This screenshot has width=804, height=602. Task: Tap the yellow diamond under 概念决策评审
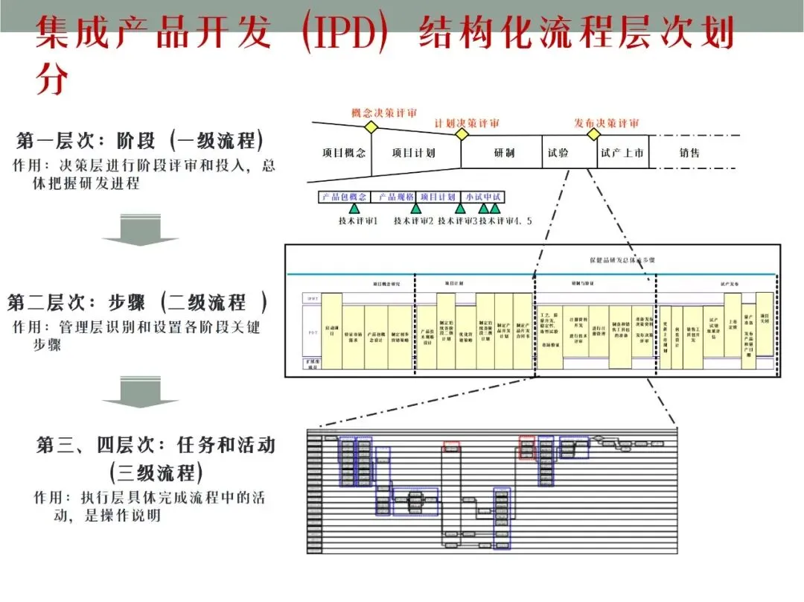pyautogui.click(x=371, y=127)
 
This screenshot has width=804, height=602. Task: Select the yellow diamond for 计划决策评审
pyautogui.click(x=462, y=134)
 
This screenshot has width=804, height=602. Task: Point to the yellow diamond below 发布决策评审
pyautogui.click(x=593, y=134)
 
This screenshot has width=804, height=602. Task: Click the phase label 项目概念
pyautogui.click(x=344, y=153)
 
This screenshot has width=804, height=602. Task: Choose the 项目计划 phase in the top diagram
pyautogui.click(x=413, y=153)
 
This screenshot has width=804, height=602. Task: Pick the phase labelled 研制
pyautogui.click(x=504, y=153)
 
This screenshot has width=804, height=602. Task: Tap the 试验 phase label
pyautogui.click(x=558, y=153)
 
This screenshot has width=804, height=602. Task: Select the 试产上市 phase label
pyautogui.click(x=622, y=153)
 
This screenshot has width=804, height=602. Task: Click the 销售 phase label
pyautogui.click(x=689, y=153)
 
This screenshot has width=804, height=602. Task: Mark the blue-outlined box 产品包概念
pyautogui.click(x=344, y=197)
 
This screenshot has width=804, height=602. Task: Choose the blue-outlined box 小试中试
pyautogui.click(x=483, y=197)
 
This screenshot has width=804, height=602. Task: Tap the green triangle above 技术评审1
pyautogui.click(x=354, y=209)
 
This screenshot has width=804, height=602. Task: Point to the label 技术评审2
pyautogui.click(x=414, y=221)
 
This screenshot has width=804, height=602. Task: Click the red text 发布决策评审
pyautogui.click(x=606, y=123)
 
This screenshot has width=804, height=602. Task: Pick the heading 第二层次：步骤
pyautogui.click(x=137, y=303)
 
